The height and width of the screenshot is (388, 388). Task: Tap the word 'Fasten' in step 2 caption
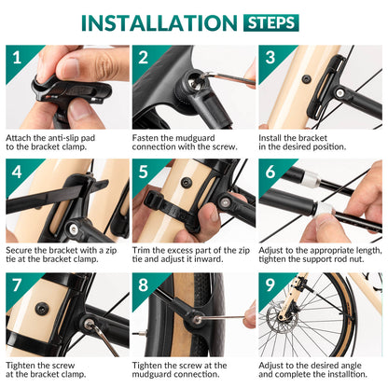point(149,137)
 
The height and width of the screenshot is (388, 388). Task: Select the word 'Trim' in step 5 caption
point(145,250)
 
